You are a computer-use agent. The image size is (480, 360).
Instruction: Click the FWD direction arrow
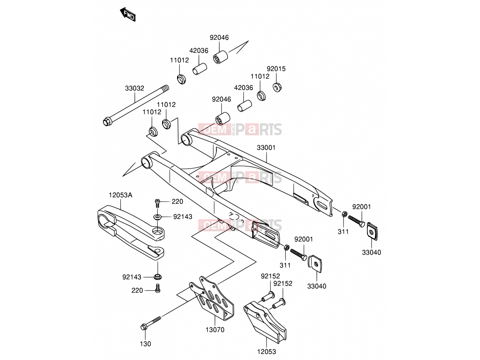coord(128,14)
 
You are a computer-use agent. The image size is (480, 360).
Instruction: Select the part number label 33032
coord(134,88)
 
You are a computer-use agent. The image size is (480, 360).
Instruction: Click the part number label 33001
coord(266,148)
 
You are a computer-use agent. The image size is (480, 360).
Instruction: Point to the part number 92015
coord(276,69)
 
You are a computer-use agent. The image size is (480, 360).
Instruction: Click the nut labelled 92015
coord(277,87)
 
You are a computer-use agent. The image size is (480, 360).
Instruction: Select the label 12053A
coord(121,195)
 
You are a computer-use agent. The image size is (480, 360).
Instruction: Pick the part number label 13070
coord(215,330)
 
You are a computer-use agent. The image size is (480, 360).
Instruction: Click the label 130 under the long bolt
coord(145,344)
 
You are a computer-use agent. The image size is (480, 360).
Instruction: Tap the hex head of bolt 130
coord(143,327)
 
